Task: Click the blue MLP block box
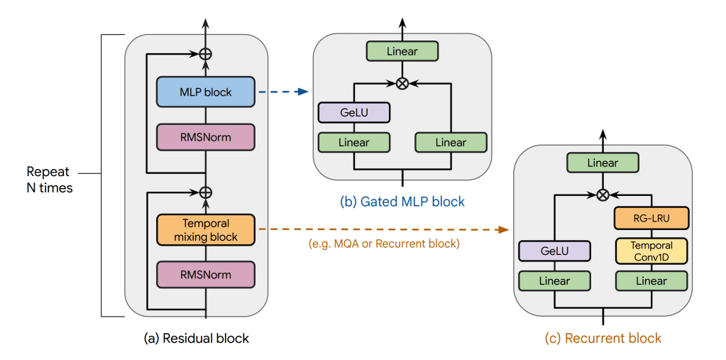tap(205, 92)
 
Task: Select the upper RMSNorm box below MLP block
tap(205, 137)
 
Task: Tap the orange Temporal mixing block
tap(205, 230)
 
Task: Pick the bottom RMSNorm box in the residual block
tap(205, 275)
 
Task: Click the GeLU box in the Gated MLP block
tap(354, 112)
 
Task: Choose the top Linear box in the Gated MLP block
tap(402, 51)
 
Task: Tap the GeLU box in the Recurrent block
tap(554, 251)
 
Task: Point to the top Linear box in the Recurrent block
tap(603, 163)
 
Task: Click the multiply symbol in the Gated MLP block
tap(402, 83)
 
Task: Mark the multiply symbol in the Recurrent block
tap(603, 195)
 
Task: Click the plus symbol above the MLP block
tap(206, 53)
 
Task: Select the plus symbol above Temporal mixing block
tap(206, 192)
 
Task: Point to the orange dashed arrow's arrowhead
tap(505, 229)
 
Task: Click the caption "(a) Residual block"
tap(197, 339)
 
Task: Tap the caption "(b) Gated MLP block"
tap(402, 202)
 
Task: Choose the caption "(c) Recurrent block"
tap(603, 338)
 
